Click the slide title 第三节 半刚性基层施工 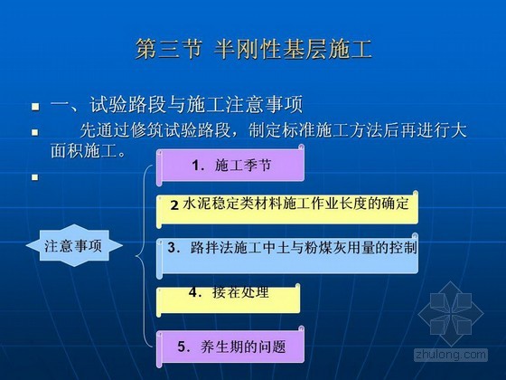click(x=254, y=49)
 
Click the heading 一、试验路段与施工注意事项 click(x=176, y=104)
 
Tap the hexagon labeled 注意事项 click(x=74, y=245)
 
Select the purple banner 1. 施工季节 click(x=230, y=165)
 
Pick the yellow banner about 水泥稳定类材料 click(x=287, y=208)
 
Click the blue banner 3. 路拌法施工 click(x=287, y=255)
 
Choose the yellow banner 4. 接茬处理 click(x=228, y=299)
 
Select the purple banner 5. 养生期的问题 click(x=230, y=347)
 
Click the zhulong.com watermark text click(x=451, y=355)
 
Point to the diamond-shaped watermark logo click(x=451, y=313)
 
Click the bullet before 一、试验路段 click(x=35, y=107)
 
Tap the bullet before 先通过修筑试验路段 click(x=35, y=132)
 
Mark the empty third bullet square click(x=35, y=177)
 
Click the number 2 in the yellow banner click(x=174, y=205)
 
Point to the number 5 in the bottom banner click(x=182, y=347)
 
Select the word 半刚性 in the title click(x=247, y=49)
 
